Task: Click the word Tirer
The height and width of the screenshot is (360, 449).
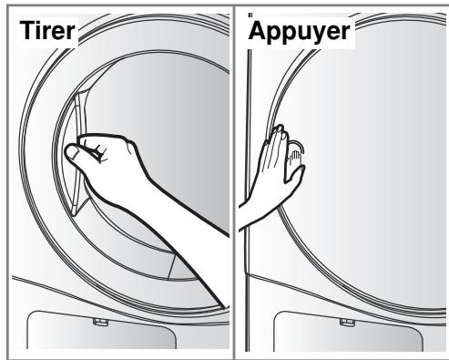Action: pyautogui.click(x=47, y=30)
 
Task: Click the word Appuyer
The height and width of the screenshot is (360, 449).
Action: pyautogui.click(x=299, y=32)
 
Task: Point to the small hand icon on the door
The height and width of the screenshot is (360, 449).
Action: pyautogui.click(x=295, y=157)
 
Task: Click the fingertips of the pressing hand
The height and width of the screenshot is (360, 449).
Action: pyautogui.click(x=280, y=131)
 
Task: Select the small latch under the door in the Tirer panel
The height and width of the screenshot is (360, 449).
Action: pyautogui.click(x=101, y=322)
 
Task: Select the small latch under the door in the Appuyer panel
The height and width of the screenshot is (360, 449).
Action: pyautogui.click(x=347, y=323)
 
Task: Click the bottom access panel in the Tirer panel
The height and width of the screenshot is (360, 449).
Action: pyautogui.click(x=101, y=331)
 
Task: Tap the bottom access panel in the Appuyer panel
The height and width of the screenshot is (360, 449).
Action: pyautogui.click(x=349, y=331)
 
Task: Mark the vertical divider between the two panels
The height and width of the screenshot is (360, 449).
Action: pyautogui.click(x=234, y=182)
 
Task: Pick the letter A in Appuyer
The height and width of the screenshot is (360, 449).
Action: pyautogui.click(x=258, y=30)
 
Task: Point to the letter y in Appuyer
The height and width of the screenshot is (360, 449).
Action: pyautogui.click(x=323, y=34)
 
